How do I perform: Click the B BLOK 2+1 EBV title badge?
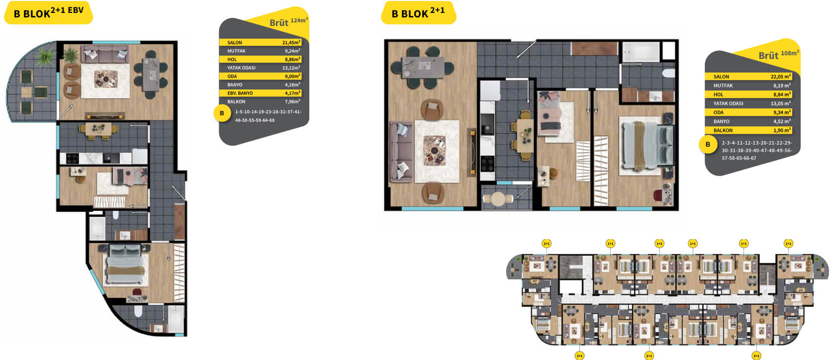click(x=48, y=13)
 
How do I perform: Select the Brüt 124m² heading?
click(x=288, y=22)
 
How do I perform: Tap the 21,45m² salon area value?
click(x=291, y=42)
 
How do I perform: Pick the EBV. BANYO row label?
click(x=240, y=93)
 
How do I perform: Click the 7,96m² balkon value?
click(x=292, y=101)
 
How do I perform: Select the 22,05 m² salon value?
click(x=781, y=77)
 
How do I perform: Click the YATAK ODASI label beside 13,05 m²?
click(x=728, y=103)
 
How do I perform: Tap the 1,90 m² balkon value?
click(x=782, y=130)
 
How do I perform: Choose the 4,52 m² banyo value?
click(x=782, y=121)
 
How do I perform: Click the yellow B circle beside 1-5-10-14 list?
click(x=222, y=113)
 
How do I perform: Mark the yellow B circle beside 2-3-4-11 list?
click(x=708, y=144)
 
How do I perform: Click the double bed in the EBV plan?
click(x=125, y=265)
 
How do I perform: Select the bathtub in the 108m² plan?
click(x=641, y=52)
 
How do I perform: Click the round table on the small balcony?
click(x=498, y=198)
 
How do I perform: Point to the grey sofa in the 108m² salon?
click(x=401, y=152)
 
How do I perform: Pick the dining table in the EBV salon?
click(x=151, y=75)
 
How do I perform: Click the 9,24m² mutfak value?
click(x=292, y=51)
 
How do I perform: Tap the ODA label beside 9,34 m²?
click(x=719, y=112)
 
